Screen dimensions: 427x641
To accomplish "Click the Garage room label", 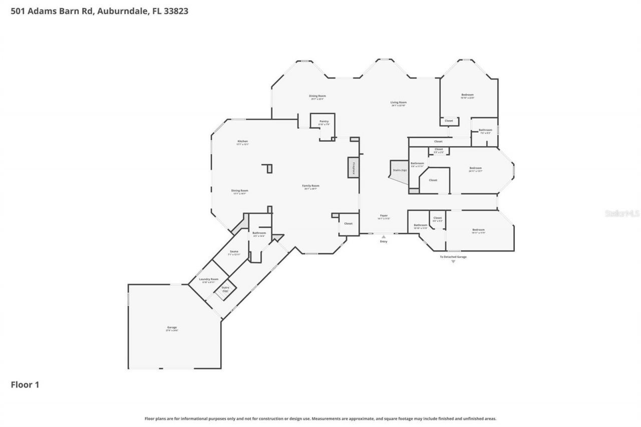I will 172,328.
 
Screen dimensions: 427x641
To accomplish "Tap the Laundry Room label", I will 210,279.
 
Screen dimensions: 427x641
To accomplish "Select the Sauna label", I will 234,252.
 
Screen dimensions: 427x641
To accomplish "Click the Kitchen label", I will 242,142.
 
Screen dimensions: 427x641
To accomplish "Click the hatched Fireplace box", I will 353,167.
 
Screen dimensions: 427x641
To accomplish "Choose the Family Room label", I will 310,186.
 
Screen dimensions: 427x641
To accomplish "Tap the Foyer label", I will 383,216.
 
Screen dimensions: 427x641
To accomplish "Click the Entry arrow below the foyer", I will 384,237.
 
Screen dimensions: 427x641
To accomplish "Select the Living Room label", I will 399,103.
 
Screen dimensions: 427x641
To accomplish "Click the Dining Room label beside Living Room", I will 317,96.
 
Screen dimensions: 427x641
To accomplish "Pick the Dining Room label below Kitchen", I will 240,191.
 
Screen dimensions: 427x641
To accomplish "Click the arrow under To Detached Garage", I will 453,261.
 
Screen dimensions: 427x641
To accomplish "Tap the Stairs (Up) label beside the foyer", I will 400,170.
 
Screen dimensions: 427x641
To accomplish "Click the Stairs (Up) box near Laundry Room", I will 225,289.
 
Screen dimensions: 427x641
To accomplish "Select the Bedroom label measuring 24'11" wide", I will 475,168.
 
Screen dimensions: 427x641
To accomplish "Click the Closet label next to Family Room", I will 348,224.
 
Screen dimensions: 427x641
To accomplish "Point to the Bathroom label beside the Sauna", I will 259,233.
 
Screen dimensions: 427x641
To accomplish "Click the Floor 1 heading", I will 25,384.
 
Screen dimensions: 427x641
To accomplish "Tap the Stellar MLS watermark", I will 622,213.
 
